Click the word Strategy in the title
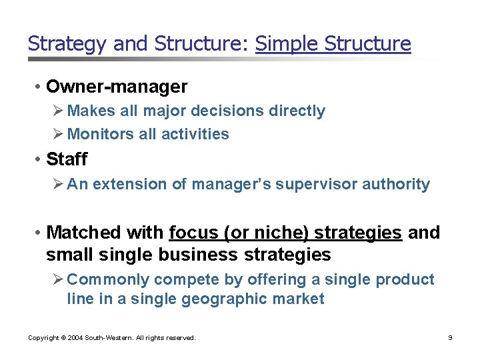[68, 44]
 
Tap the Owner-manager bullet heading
[117, 87]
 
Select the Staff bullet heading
[67, 159]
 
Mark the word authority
[399, 184]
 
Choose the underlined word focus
[195, 233]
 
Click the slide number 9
[450, 338]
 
